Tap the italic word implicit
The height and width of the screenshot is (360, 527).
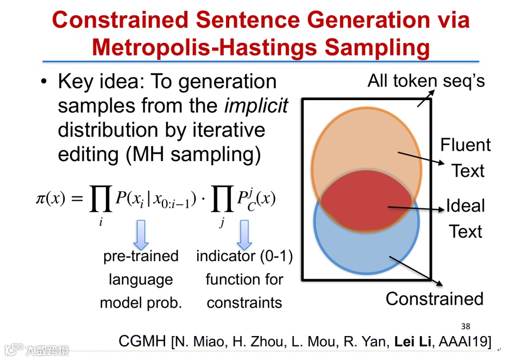coord(256,105)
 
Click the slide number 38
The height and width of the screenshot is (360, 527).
coord(465,326)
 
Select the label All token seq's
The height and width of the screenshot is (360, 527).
coord(426,81)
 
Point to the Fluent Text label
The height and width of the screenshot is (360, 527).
coord(466,158)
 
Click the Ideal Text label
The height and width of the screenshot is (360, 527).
coord(466,218)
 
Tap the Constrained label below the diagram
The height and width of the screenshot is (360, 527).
coord(434,299)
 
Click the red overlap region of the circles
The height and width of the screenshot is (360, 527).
coord(365,202)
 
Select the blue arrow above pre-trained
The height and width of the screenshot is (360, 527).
coord(140,234)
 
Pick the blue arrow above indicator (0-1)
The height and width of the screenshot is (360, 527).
coord(244,234)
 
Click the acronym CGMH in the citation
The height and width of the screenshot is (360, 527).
coord(142,342)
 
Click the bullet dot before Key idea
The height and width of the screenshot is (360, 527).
coord(44,82)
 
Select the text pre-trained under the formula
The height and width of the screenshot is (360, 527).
coord(141,256)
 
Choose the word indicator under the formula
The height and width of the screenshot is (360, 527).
coord(226,256)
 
